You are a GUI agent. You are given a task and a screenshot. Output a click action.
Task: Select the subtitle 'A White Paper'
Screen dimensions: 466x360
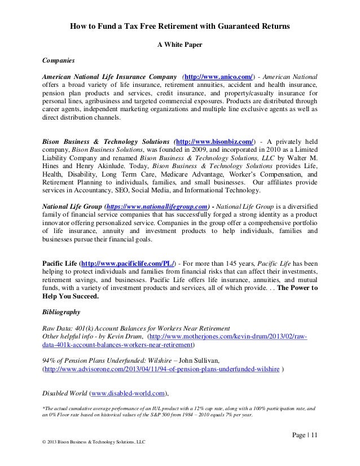179,44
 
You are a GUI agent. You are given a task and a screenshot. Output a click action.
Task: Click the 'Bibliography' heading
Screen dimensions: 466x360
61,311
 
